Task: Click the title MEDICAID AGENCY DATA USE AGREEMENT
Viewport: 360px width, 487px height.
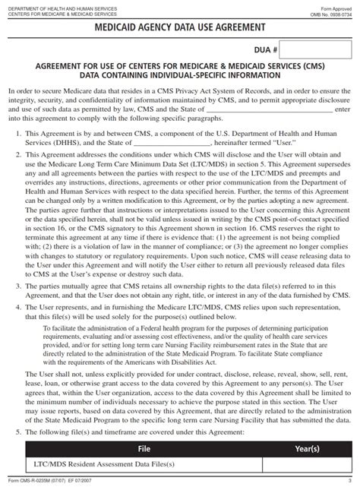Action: click(x=180, y=28)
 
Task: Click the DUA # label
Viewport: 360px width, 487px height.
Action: click(x=264, y=49)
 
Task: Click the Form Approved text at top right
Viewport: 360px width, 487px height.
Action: click(x=339, y=6)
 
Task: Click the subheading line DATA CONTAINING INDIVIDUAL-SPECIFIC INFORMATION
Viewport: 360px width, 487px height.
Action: click(x=180, y=77)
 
